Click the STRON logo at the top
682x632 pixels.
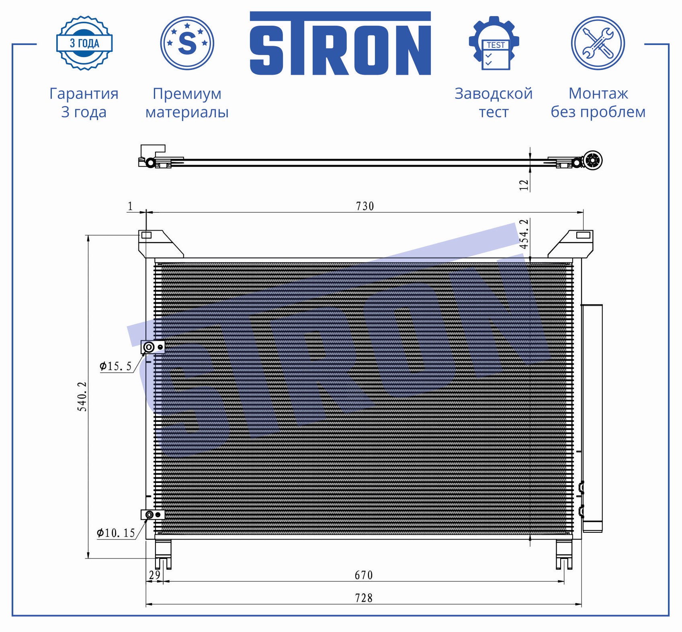tap(340, 43)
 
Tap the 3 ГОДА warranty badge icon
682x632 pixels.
tap(84, 43)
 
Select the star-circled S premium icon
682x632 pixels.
tap(187, 43)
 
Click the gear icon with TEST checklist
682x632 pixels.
tap(494, 43)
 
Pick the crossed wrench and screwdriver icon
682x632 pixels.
tap(598, 43)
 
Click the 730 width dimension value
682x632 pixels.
tap(365, 206)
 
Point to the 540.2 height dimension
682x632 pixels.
tap(82, 396)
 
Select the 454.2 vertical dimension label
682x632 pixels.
tap(524, 234)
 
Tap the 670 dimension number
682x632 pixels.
tap(364, 575)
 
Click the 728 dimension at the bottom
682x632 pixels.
tap(364, 598)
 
